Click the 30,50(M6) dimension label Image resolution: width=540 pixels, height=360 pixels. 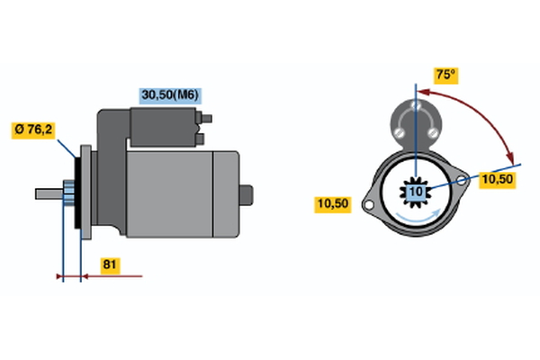[x=170, y=95]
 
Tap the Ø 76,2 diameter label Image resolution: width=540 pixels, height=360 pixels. [x=33, y=130]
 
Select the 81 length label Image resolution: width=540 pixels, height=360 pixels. [x=110, y=265]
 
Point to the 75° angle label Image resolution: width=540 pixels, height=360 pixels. [x=445, y=75]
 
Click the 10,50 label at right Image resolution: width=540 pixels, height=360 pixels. [x=498, y=179]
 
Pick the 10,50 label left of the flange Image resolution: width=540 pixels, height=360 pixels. [x=332, y=204]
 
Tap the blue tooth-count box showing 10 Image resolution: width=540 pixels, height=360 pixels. [x=416, y=192]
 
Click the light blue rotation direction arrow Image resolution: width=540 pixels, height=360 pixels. [x=418, y=216]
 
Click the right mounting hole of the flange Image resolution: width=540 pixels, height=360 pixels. [x=462, y=180]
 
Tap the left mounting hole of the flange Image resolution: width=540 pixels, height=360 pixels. [x=368, y=205]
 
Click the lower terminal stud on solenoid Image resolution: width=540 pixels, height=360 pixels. [x=200, y=139]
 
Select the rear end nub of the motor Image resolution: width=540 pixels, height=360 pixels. [x=247, y=195]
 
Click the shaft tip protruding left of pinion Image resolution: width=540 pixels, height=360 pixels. [x=49, y=194]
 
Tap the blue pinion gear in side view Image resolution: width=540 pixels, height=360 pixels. [x=69, y=193]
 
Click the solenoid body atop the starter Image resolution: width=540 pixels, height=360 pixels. [x=163, y=127]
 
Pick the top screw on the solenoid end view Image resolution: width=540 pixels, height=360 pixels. [x=416, y=105]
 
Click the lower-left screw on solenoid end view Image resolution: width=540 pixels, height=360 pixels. [x=400, y=132]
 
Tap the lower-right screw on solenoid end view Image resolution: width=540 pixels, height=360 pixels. [x=433, y=132]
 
